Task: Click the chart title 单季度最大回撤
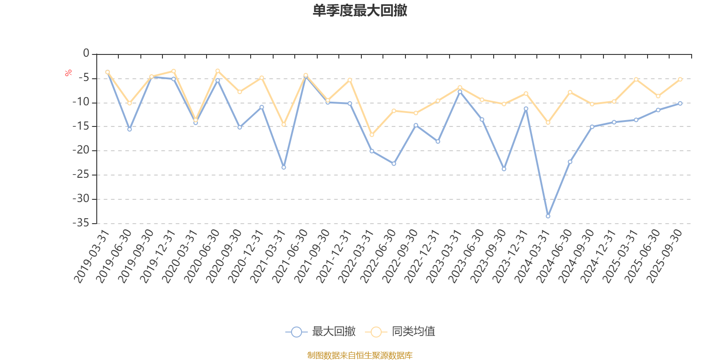point(360,11)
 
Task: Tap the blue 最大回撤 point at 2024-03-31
point(548,216)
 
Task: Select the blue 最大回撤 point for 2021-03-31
point(283,167)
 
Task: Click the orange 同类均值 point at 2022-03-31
point(372,135)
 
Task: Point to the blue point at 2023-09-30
point(504,169)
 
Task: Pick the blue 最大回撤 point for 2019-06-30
point(130,130)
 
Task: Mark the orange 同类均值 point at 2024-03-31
point(548,123)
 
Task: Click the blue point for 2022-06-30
point(394,164)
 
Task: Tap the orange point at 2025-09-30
point(680,79)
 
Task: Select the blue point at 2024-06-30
point(570,162)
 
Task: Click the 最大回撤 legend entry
point(320,332)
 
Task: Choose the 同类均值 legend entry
point(400,332)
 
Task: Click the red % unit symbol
point(68,73)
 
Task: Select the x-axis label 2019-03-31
point(92,256)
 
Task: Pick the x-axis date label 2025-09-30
point(665,256)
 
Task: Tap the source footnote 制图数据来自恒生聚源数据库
point(360,355)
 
